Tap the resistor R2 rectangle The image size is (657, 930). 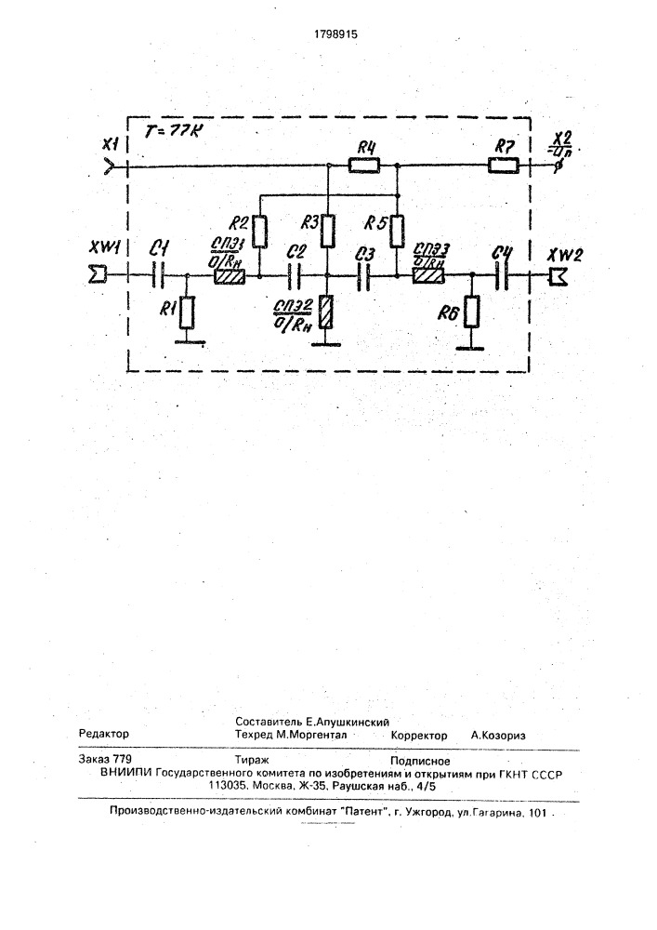(260, 228)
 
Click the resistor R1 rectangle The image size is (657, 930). (188, 312)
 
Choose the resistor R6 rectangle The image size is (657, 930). (471, 312)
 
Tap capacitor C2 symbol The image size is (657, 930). (295, 275)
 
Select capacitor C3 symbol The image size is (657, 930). (364, 275)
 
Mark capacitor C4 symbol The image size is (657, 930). (503, 275)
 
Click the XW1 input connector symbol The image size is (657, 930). (96, 275)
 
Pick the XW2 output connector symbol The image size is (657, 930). (558, 275)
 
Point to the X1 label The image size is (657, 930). (111, 146)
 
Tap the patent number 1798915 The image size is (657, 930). (329, 33)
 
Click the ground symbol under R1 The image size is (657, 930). (188, 341)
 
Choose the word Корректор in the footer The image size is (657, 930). (419, 735)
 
